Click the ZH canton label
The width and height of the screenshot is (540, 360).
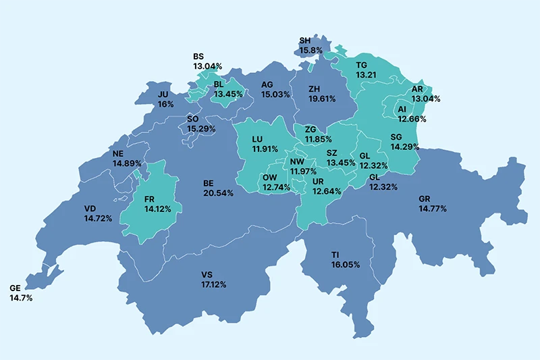pyautogui.click(x=314, y=88)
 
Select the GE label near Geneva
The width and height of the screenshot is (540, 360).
pyautogui.click(x=16, y=288)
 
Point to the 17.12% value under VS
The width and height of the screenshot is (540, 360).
pyautogui.click(x=213, y=284)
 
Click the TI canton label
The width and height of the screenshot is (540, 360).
pyautogui.click(x=335, y=255)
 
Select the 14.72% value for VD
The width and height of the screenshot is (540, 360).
pyautogui.click(x=99, y=219)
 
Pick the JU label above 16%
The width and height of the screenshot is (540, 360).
pyautogui.click(x=163, y=95)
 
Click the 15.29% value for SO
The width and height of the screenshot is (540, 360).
pyautogui.click(x=201, y=128)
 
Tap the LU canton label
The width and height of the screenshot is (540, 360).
pyautogui.click(x=257, y=139)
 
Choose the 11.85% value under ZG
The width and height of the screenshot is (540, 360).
pyautogui.click(x=318, y=138)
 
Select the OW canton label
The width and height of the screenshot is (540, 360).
pyautogui.click(x=269, y=178)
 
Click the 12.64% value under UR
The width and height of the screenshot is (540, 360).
pyautogui.click(x=327, y=190)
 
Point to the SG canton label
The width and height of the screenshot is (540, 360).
pyautogui.click(x=396, y=137)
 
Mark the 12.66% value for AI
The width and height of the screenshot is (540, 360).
pyautogui.click(x=412, y=119)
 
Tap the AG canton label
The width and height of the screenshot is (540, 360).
pyautogui.click(x=267, y=84)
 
